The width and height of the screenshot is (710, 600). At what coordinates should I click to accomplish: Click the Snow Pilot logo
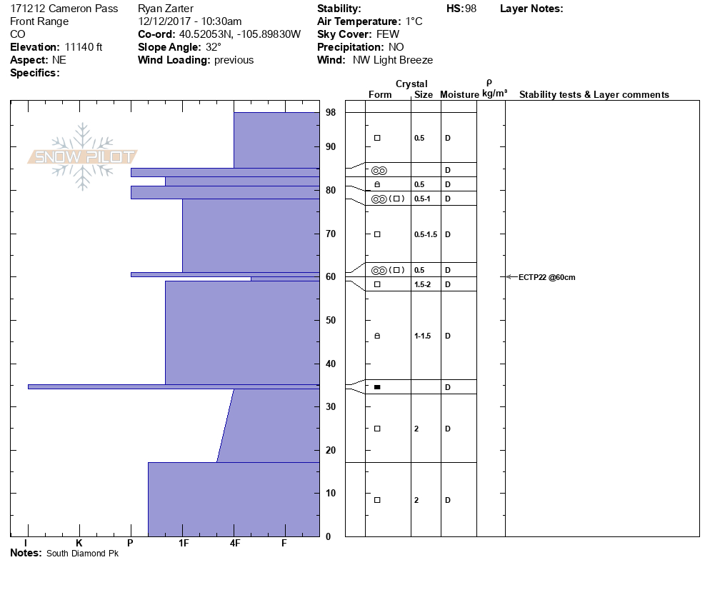pyautogui.click(x=83, y=157)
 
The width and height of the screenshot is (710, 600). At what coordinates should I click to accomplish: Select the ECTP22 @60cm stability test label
pyautogui.click(x=546, y=277)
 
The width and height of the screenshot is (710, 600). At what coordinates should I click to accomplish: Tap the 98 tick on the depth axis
pyautogui.click(x=331, y=113)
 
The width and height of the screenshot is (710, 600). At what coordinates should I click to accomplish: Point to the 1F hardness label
pyautogui.click(x=184, y=544)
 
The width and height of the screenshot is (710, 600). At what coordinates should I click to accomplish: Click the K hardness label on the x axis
pyautogui.click(x=79, y=544)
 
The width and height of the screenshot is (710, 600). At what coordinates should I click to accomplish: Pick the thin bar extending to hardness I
pyautogui.click(x=171, y=386)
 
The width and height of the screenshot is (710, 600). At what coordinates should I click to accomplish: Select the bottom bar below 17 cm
pyautogui.click(x=234, y=499)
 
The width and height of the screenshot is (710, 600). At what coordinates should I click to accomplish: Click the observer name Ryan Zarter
pyautogui.click(x=166, y=9)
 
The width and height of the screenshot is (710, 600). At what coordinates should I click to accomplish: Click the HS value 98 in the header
pyautogui.click(x=471, y=9)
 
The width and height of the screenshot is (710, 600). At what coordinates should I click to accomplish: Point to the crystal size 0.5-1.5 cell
pyautogui.click(x=426, y=234)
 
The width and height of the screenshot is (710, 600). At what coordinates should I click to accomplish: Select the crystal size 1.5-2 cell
pyautogui.click(x=424, y=284)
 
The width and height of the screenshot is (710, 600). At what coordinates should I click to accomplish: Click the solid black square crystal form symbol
pyautogui.click(x=377, y=387)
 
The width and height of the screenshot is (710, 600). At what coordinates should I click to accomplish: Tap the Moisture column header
pyautogui.click(x=459, y=95)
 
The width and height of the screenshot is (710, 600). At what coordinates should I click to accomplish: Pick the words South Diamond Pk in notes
pyautogui.click(x=83, y=554)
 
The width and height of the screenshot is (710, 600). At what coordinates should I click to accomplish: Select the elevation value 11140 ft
pyautogui.click(x=84, y=47)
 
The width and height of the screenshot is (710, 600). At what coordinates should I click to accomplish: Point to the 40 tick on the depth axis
pyautogui.click(x=331, y=364)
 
